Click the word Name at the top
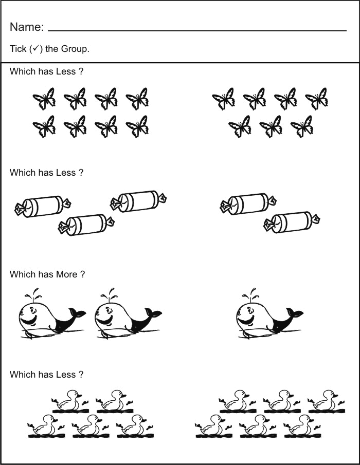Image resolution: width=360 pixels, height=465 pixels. coord(26,27)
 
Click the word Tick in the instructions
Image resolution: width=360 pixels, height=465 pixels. coord(17,49)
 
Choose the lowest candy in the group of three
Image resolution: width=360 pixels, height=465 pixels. coord(86,224)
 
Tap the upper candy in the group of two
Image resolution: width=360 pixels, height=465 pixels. coord(249,203)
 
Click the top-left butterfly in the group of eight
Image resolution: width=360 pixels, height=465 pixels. coord(44,98)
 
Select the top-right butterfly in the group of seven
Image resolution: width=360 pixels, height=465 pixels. coord(316,98)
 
